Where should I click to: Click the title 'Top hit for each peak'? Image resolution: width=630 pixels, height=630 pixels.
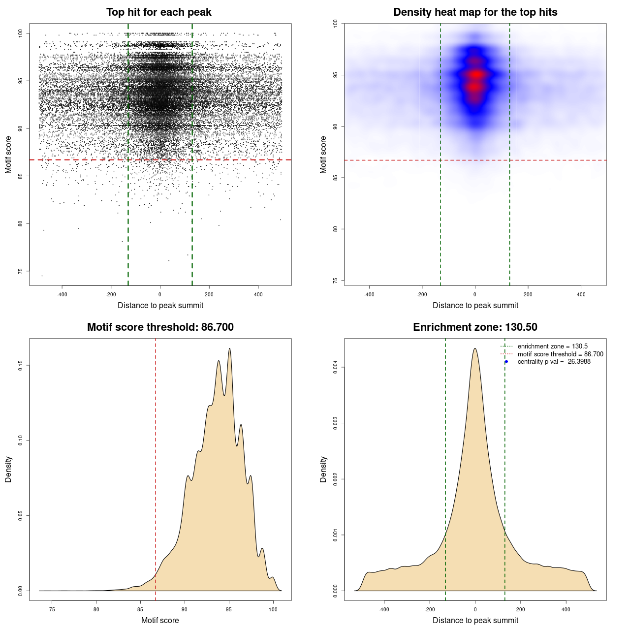(x=159, y=12)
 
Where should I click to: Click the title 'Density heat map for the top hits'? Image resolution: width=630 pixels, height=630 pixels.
(x=475, y=12)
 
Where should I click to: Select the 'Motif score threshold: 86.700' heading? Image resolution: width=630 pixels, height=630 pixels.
(x=160, y=327)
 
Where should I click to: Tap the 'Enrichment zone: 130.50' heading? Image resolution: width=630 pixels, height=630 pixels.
(x=475, y=327)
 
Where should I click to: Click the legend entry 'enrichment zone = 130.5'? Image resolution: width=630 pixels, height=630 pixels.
(x=552, y=346)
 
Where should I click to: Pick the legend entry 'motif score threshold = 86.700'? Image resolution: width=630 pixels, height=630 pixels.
(x=560, y=354)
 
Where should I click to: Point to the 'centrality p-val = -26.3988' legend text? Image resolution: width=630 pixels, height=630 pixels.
(x=554, y=362)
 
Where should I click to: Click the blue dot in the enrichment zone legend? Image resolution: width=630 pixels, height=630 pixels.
(x=506, y=362)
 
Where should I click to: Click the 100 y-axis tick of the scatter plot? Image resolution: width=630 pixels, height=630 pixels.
(x=21, y=33)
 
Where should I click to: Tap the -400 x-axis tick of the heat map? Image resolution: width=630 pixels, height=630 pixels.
(x=369, y=294)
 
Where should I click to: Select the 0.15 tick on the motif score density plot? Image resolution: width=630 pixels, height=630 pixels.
(x=21, y=365)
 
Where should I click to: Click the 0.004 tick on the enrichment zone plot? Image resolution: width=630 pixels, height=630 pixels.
(x=336, y=367)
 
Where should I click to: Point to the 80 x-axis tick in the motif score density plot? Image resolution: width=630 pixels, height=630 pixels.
(x=96, y=609)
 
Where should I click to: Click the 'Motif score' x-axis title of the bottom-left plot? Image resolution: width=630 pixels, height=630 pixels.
(x=160, y=620)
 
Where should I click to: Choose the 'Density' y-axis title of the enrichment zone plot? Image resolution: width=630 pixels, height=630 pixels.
(x=323, y=469)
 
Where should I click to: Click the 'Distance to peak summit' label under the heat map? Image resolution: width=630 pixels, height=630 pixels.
(x=475, y=305)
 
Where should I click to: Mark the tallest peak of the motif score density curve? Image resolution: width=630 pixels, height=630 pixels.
(x=229, y=349)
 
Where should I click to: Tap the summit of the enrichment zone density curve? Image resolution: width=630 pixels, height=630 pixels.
(x=475, y=348)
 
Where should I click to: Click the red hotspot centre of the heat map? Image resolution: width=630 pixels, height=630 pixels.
(x=475, y=75)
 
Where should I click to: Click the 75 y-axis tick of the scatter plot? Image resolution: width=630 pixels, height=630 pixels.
(x=21, y=271)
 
